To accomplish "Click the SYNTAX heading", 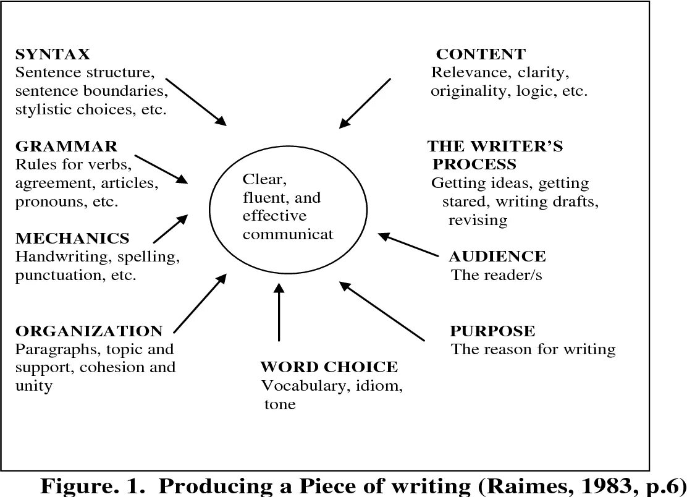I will coord(53,54).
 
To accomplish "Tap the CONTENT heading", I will coord(481,54).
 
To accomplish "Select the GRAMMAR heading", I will coord(66,147).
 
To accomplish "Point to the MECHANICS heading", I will coord(72,238).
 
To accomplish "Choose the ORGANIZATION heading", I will coord(89,331).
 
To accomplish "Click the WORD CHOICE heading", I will coord(329,367).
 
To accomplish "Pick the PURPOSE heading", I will coord(492,331).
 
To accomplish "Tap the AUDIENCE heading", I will coord(497,257).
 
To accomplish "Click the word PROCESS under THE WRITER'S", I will coord(474,164).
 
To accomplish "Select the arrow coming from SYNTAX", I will coord(196,101).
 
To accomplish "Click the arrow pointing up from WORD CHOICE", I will coord(279,312).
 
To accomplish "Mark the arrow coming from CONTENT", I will coord(365,103).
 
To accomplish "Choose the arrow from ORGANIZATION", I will coord(201,305).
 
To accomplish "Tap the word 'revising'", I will coord(478,220).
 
